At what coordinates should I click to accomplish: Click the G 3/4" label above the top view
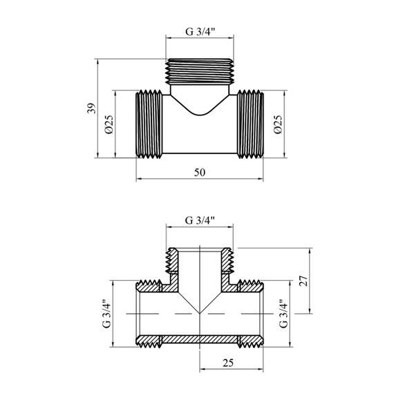[x=200, y=32]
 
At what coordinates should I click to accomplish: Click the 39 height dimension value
[x=92, y=109]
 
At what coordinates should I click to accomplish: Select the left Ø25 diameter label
[x=109, y=124]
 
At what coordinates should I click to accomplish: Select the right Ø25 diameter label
[x=278, y=124]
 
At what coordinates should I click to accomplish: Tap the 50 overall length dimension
[x=200, y=172]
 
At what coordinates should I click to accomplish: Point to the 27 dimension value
[x=303, y=281]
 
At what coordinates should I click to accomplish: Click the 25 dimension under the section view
[x=228, y=363]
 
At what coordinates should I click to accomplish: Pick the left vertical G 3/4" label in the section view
[x=106, y=313]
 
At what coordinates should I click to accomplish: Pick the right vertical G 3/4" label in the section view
[x=283, y=313]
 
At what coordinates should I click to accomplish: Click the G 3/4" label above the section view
[x=200, y=221]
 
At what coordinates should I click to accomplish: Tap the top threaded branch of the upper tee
[x=200, y=71]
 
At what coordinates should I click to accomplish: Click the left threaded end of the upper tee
[x=149, y=124]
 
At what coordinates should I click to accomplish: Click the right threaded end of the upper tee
[x=250, y=124]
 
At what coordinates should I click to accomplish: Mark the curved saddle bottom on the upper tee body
[x=200, y=115]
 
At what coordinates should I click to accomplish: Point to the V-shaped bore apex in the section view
[x=200, y=313]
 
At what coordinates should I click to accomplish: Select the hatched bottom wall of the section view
[x=200, y=339]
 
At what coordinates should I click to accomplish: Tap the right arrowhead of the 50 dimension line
[x=261, y=179]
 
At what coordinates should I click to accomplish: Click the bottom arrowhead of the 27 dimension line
[x=310, y=310]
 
